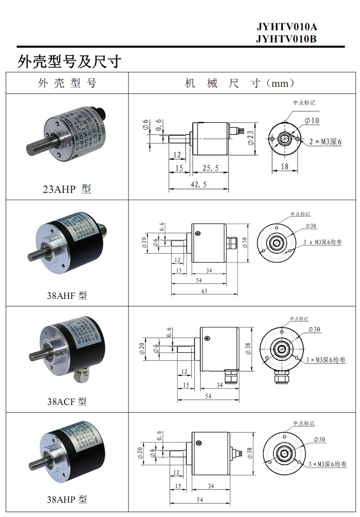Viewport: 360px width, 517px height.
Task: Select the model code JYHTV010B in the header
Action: [287, 39]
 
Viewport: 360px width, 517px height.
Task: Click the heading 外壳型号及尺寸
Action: [70, 61]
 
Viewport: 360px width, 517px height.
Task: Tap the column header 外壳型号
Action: [67, 83]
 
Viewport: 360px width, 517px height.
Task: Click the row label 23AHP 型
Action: [67, 189]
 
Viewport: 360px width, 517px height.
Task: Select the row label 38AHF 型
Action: [67, 296]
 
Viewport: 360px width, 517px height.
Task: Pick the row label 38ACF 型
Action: [67, 401]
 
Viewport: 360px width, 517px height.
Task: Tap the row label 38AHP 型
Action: [67, 499]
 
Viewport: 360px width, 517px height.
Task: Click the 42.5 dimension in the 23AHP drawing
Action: [198, 184]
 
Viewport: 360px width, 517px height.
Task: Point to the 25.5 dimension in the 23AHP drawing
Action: [211, 168]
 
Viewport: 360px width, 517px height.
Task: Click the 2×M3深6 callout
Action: [325, 142]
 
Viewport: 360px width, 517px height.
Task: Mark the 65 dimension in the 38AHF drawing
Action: [204, 291]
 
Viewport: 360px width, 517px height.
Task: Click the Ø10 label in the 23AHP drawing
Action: [311, 121]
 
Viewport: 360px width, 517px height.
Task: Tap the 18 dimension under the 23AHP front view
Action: [284, 166]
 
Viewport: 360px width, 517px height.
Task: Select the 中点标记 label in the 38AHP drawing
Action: [304, 423]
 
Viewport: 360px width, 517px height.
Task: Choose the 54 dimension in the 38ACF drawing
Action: [208, 396]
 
